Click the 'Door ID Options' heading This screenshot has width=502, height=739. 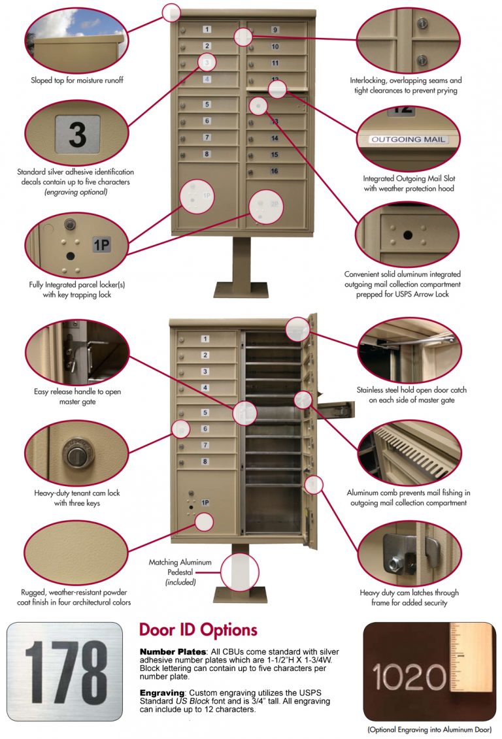tap(198, 630)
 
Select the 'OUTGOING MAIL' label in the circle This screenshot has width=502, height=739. tap(408, 139)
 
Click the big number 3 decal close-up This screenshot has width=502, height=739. tap(77, 134)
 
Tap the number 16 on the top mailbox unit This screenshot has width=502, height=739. tap(275, 171)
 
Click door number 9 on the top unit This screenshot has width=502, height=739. tap(275, 30)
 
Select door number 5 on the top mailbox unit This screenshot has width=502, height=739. tap(207, 105)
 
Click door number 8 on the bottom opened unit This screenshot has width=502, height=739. tap(205, 461)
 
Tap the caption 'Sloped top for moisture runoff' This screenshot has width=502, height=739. tap(77, 80)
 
